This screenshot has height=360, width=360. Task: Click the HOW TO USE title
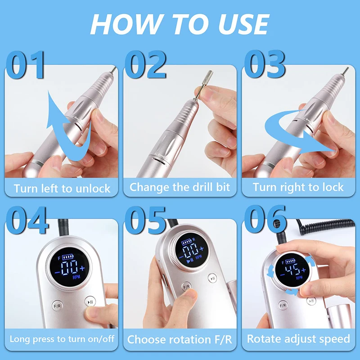pos(180,24)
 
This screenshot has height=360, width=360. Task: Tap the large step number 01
pos(25,65)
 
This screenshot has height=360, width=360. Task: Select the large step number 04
pos(27,220)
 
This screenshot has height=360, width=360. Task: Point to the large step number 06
pos(265,219)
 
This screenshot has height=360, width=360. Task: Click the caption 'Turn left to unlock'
pos(62,189)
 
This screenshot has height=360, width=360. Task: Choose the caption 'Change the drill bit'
pos(180,187)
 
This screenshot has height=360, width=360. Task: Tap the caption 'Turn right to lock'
pos(298,187)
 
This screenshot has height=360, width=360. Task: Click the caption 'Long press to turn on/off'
pos(62,339)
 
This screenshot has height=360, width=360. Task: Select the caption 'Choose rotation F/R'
pos(180,339)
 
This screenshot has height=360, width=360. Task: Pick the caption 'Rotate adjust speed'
pos(298,339)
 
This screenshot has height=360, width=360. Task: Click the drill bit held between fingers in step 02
pos(203,85)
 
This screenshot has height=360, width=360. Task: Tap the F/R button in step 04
pos(57,306)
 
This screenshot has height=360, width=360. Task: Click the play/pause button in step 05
pos(212,278)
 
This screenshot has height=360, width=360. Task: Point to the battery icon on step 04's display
pos(67,256)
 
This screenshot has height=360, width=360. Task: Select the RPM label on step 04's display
pos(76,277)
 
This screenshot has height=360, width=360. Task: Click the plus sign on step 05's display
pos(201,249)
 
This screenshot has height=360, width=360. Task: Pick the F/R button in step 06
pos(283,306)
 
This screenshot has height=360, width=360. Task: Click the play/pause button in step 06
pos(311,301)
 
